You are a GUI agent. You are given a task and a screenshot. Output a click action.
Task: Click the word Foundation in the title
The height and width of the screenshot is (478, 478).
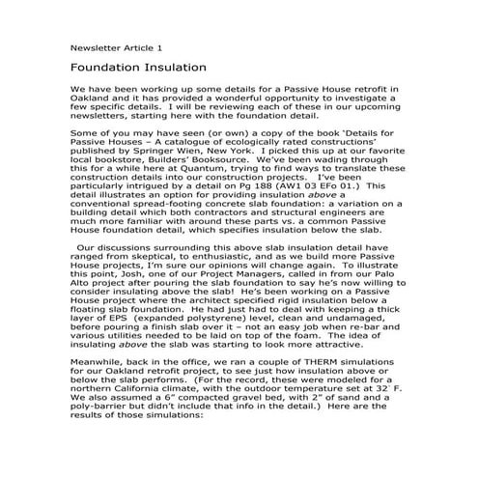pyautogui.click(x=109, y=69)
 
